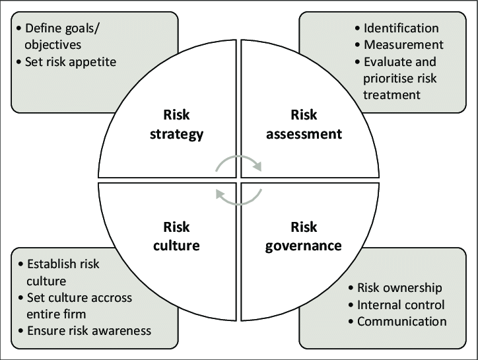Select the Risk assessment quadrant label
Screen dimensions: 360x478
coord(303,124)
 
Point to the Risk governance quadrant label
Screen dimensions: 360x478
coord(303,236)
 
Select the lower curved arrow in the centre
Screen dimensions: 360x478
coord(239,196)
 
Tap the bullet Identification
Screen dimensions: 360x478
coord(401,28)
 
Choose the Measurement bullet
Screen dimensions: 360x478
coord(403,45)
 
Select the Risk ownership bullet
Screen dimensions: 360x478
coord(399,288)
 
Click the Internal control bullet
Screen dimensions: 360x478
coord(401,305)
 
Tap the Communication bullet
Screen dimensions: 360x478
coord(402,322)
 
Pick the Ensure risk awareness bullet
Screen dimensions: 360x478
coord(89,330)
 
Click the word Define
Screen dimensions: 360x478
coord(44,28)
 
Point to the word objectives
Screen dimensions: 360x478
coord(54,45)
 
